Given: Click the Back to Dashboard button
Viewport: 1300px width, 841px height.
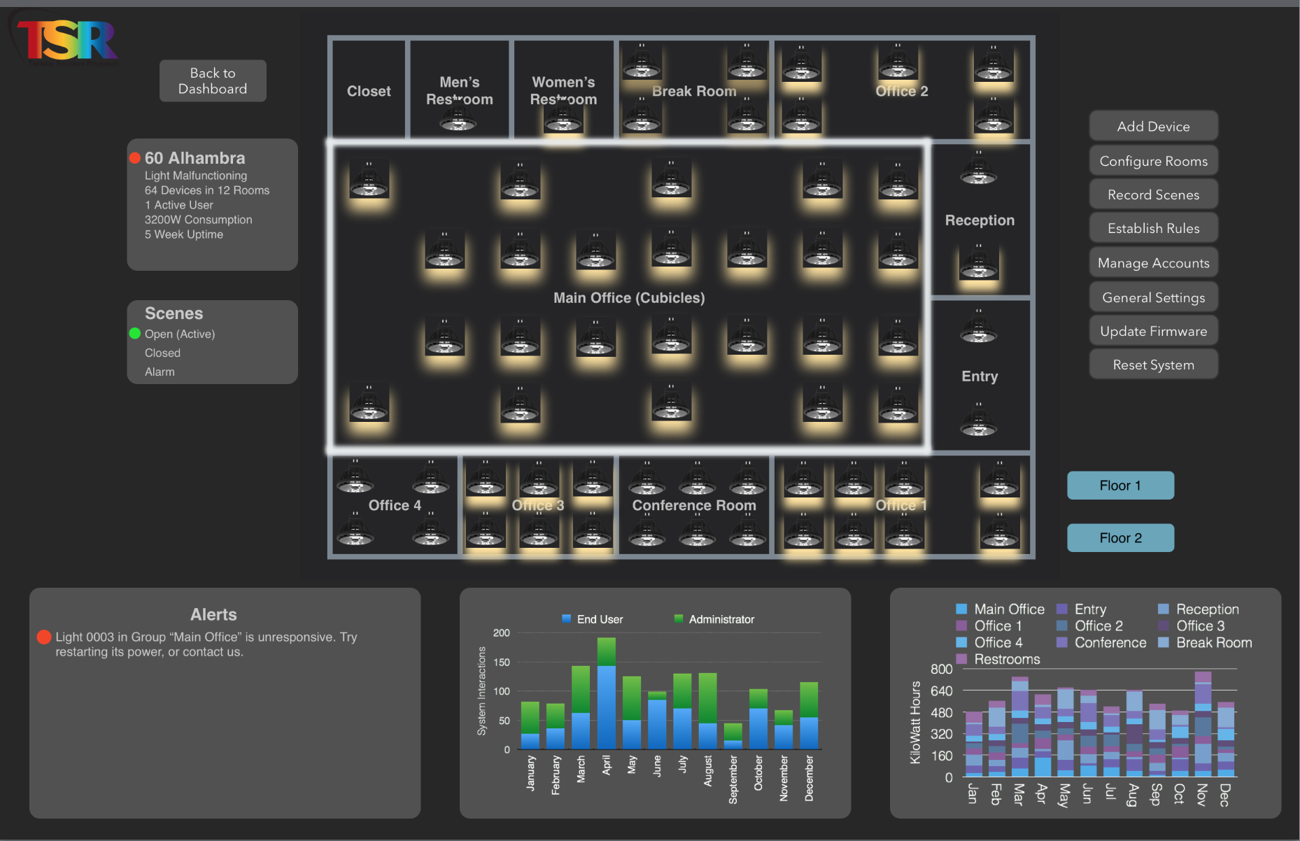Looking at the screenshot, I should pos(213,81).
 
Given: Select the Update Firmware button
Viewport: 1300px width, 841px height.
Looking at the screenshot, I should pos(1153,331).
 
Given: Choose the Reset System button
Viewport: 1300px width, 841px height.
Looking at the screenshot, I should pos(1153,365).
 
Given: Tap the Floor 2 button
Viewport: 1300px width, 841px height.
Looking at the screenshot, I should pos(1120,537).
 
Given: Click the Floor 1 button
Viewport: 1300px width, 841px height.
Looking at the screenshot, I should pos(1120,486).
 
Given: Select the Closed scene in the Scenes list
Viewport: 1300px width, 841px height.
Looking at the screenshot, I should pos(162,353).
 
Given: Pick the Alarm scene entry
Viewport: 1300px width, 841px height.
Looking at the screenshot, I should pos(160,372).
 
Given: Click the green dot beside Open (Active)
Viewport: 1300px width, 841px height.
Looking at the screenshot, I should pos(135,334).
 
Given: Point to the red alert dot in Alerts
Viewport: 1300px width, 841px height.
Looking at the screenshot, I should pos(44,637).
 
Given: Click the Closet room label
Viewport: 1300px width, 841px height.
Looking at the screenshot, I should pos(369,91).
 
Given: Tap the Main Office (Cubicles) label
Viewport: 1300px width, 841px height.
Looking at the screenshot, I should pos(629,297).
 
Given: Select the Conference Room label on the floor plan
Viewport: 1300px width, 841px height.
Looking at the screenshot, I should pos(694,505).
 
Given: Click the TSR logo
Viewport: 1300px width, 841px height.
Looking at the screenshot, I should pos(66,40).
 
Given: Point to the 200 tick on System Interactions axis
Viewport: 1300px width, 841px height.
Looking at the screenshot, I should pos(502,632).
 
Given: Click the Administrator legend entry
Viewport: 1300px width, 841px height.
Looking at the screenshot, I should pos(721,619).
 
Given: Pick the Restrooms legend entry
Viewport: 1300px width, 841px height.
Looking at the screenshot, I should pos(1006,659).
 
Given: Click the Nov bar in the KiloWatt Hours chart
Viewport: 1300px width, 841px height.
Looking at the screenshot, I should pos(1203,724).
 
